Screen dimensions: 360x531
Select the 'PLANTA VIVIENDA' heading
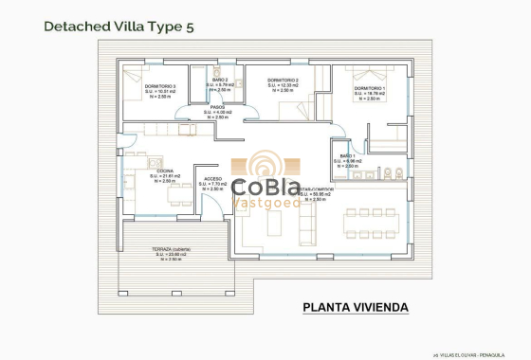(356, 307)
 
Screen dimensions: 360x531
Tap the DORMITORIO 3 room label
(160, 86)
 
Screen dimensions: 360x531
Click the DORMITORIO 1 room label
(370, 89)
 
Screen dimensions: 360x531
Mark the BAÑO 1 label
(347, 155)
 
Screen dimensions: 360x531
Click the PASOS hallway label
(217, 107)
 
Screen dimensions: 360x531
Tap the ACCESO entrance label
(213, 178)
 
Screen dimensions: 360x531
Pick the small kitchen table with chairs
(179, 195)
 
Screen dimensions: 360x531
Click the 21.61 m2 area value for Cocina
(166, 176)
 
